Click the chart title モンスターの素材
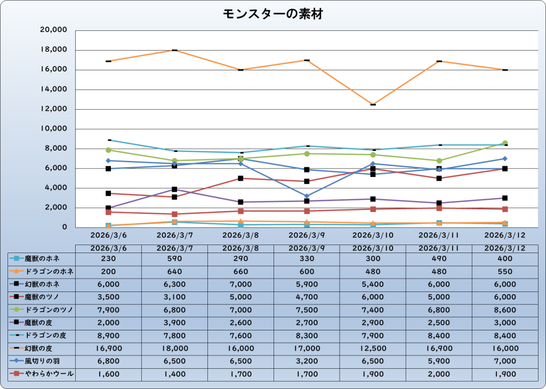click(272, 14)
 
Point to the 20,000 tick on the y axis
click(53, 30)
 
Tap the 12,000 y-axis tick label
click(53, 109)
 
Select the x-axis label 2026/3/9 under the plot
click(307, 234)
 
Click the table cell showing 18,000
click(174, 349)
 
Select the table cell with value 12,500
click(373, 349)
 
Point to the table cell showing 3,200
click(307, 361)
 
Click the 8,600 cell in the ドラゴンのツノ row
click(505, 310)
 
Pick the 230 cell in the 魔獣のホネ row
click(108, 259)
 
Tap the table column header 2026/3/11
click(439, 248)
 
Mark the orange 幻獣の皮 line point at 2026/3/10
click(373, 104)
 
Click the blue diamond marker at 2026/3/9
click(307, 196)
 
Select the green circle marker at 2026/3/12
click(505, 143)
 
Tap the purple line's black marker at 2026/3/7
click(174, 189)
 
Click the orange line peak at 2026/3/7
click(174, 50)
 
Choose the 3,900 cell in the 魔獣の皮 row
click(174, 323)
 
